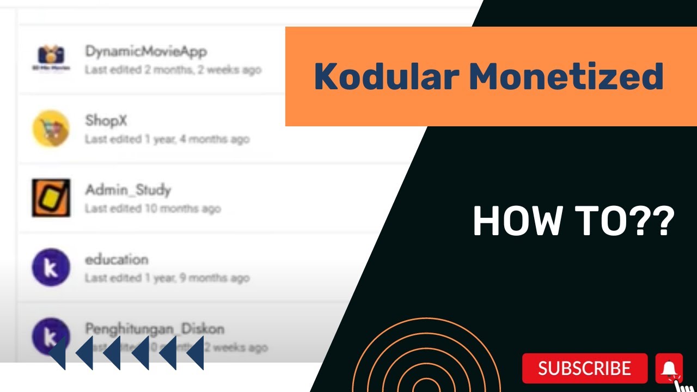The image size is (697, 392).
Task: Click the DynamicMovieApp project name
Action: [146, 52]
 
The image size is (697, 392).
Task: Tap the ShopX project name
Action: [106, 120]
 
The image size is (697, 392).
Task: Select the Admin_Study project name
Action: [128, 190]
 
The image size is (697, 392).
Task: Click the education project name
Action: [117, 259]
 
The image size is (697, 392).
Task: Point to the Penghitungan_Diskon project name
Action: [155, 329]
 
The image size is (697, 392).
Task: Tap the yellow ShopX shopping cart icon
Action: [51, 128]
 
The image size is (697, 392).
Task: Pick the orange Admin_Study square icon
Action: [51, 198]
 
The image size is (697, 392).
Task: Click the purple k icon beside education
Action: [51, 267]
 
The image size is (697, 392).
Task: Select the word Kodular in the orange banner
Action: [386, 77]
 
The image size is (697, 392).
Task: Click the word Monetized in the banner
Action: [566, 77]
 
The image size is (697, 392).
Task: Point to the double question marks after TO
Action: [655, 222]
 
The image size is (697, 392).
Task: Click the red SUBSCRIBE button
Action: [584, 369]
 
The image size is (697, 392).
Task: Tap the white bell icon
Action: [669, 369]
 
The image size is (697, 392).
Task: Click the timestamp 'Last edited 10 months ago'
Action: [152, 209]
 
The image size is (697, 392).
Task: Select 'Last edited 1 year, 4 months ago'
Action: [167, 139]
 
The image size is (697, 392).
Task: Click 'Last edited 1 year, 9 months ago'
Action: [167, 278]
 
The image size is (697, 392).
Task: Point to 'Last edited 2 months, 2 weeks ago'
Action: [173, 70]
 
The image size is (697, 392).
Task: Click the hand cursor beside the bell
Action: [685, 385]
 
